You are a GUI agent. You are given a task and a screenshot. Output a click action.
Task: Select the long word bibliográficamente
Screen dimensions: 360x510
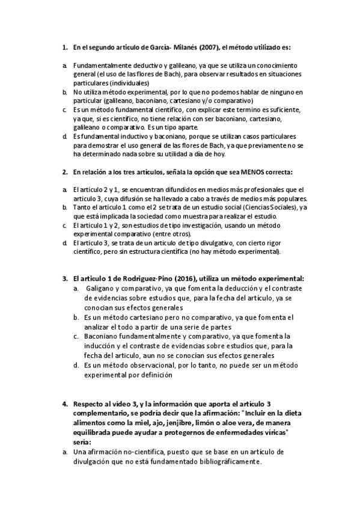tap(228, 462)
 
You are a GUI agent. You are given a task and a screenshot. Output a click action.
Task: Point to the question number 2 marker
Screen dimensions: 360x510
tap(64, 172)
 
